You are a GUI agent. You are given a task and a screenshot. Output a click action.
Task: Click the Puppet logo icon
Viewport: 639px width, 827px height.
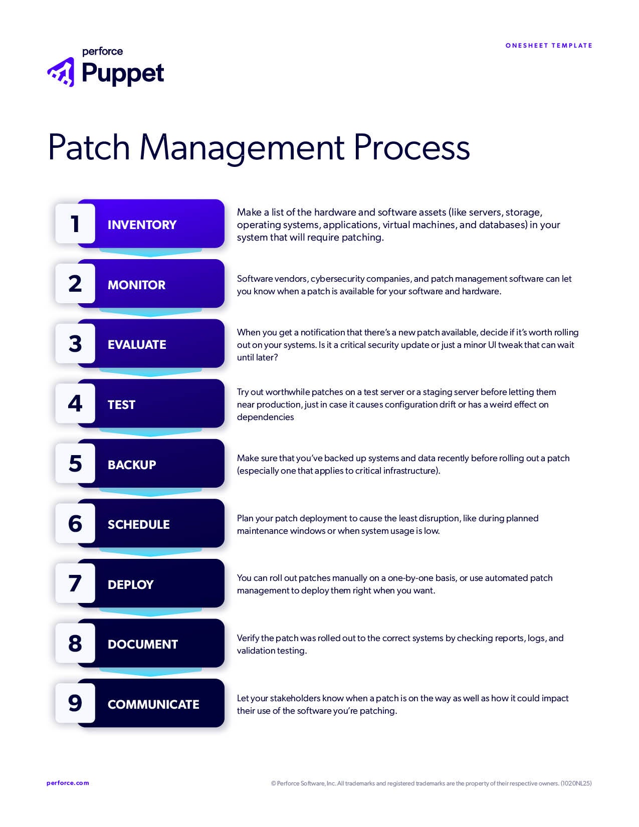[61, 72]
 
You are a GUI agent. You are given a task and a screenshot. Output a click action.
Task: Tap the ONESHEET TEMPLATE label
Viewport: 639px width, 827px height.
[549, 46]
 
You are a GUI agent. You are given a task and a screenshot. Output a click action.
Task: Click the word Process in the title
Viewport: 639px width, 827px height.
[411, 147]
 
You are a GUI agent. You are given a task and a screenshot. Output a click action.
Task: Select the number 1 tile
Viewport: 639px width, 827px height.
[75, 224]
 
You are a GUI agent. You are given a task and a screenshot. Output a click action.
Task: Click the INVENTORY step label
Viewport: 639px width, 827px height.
[142, 225]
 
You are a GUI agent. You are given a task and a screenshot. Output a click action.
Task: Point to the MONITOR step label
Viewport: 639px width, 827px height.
[136, 285]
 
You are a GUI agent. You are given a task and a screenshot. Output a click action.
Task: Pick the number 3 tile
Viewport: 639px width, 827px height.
[75, 344]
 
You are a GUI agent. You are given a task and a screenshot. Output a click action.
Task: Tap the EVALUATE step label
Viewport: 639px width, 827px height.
[137, 345]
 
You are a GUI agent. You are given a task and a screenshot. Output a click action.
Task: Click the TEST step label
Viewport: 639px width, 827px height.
[121, 405]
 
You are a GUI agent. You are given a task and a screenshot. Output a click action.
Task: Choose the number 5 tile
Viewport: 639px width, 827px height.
[75, 464]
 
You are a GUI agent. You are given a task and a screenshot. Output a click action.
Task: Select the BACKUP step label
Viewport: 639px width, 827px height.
[132, 465]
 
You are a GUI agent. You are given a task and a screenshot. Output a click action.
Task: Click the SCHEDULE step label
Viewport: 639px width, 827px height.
[138, 525]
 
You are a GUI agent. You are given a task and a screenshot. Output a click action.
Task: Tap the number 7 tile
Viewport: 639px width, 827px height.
[75, 583]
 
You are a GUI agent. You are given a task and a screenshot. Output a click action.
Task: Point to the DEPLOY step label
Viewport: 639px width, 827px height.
[130, 584]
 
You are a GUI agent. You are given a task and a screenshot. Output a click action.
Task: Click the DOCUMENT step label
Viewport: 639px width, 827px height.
[143, 645]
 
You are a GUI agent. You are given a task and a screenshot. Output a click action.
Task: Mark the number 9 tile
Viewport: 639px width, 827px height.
[75, 703]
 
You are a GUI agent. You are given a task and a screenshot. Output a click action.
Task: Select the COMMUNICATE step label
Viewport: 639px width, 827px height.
[153, 704]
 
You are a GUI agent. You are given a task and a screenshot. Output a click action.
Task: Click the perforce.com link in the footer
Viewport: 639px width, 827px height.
[68, 783]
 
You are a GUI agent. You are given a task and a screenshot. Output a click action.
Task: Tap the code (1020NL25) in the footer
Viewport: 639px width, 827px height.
[576, 783]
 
